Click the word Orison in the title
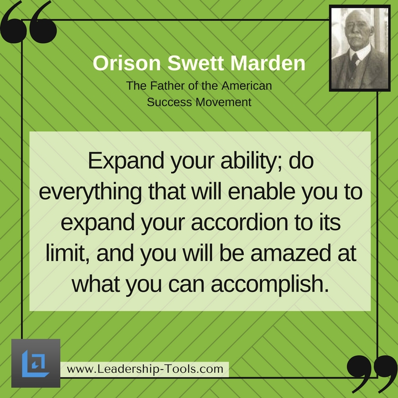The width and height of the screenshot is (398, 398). click(127, 63)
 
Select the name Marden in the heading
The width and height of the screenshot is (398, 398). click(268, 63)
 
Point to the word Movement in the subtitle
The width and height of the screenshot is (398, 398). click(223, 102)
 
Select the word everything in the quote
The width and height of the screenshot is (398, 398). click(91, 192)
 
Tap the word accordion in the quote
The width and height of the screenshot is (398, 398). click(239, 222)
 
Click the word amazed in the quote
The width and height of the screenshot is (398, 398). click(291, 253)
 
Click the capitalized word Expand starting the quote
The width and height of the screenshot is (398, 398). click(126, 161)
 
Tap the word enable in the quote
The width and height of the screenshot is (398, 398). click(262, 192)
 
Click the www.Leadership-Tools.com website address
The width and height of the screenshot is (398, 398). click(145, 369)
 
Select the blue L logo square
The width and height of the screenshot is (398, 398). click(36, 363)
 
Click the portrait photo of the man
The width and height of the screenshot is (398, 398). click(360, 48)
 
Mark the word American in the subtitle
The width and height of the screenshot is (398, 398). click(247, 86)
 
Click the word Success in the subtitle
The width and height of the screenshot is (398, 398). click(169, 102)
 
